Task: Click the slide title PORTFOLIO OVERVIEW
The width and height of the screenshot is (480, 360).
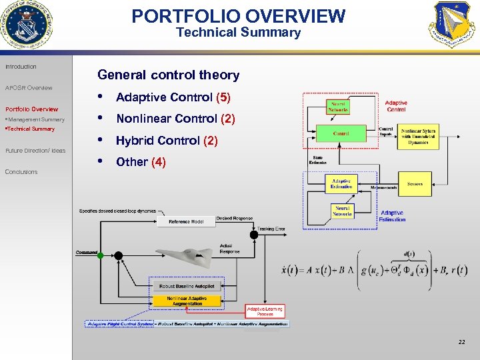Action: tap(239, 16)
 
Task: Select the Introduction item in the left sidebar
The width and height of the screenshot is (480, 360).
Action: tap(21, 67)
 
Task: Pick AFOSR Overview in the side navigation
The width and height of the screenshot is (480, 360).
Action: tap(28, 88)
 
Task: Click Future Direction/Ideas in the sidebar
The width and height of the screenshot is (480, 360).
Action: tap(35, 151)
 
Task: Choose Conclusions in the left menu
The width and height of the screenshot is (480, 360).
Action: tap(21, 172)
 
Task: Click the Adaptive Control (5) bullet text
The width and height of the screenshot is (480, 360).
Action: tap(173, 97)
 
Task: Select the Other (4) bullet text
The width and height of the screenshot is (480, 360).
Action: tap(141, 162)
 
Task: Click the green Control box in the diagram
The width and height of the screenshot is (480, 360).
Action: tap(341, 133)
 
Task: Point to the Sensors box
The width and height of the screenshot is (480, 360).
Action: tap(415, 183)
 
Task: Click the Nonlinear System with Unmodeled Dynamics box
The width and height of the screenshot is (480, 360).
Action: tap(419, 137)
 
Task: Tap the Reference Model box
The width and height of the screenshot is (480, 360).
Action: tap(186, 221)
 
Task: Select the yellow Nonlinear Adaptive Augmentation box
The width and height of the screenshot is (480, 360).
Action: tap(187, 301)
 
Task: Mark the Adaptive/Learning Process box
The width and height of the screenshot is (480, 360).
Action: tap(265, 311)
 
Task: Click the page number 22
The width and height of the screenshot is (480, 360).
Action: tap(461, 342)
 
